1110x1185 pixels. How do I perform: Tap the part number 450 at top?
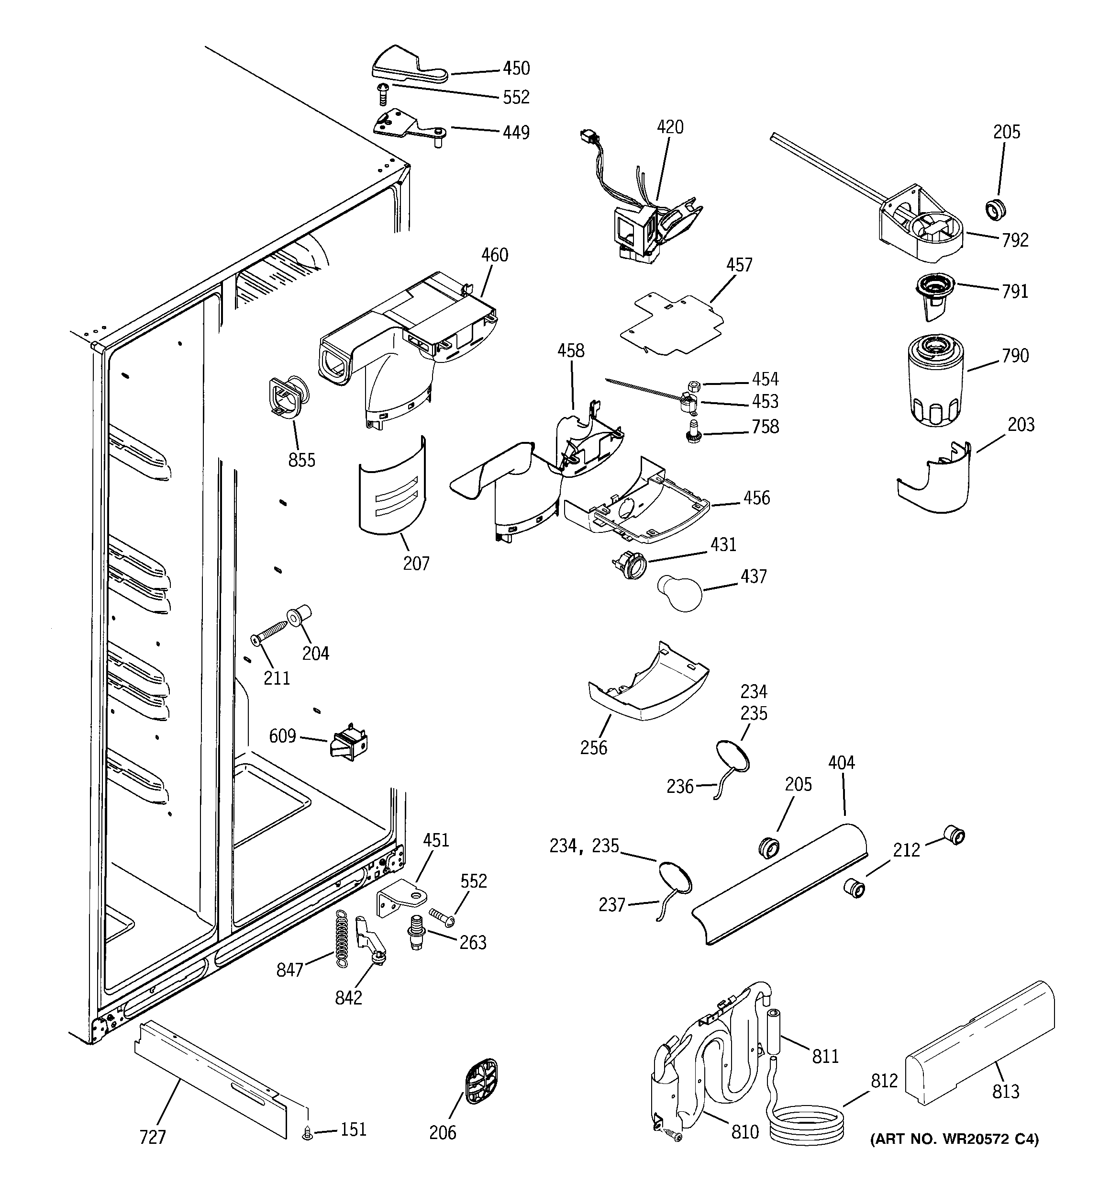tap(516, 68)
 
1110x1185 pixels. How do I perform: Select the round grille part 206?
tap(481, 1081)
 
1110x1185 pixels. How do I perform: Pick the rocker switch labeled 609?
tap(349, 743)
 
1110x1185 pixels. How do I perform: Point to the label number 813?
tap(1005, 1092)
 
